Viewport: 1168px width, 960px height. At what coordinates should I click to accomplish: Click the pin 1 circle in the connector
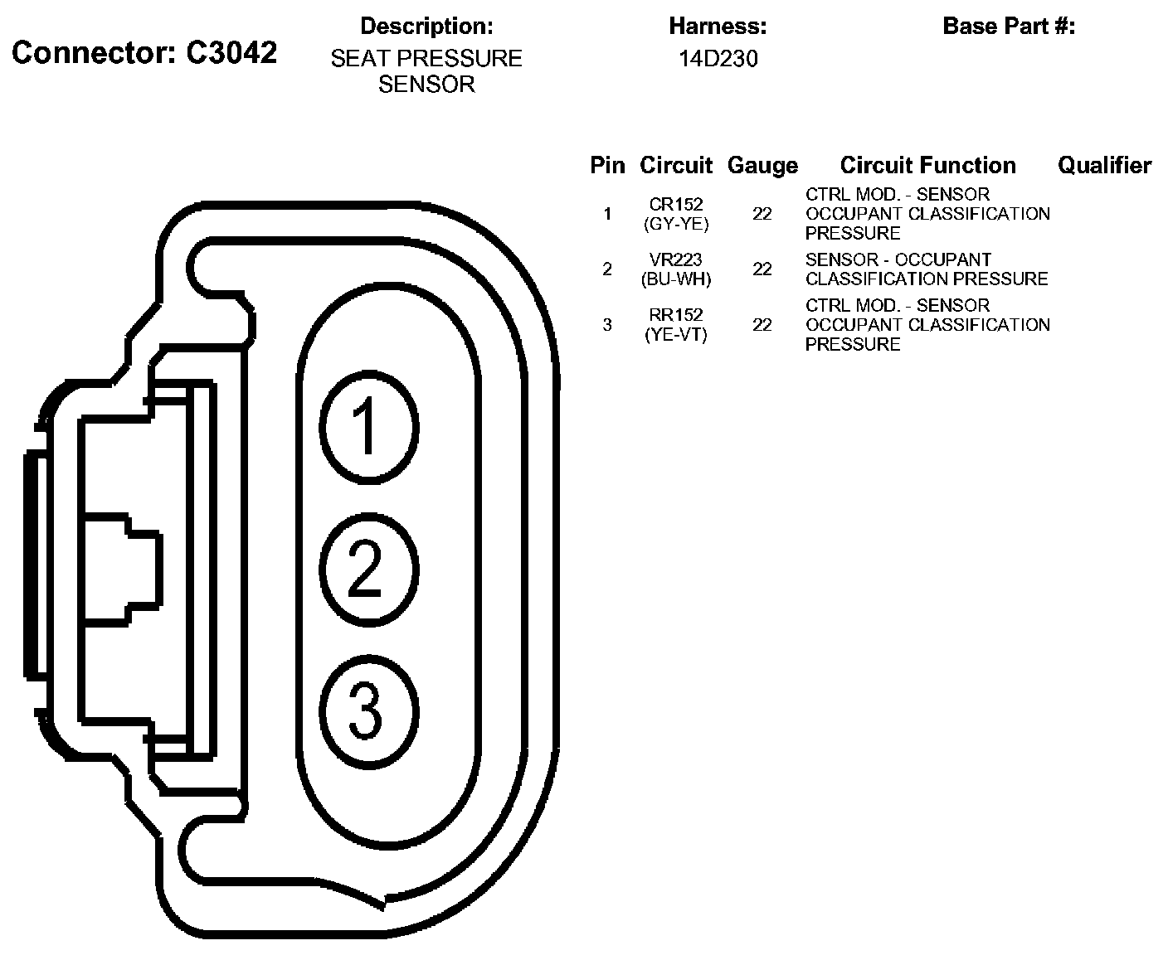(367, 428)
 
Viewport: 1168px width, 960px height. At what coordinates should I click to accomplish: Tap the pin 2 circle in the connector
(367, 570)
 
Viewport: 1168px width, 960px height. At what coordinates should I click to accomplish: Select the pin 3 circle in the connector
(367, 711)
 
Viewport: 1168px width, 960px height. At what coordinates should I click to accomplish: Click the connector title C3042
(144, 52)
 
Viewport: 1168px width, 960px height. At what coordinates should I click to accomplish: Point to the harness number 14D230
(718, 59)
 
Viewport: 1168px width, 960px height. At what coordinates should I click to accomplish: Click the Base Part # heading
(1009, 27)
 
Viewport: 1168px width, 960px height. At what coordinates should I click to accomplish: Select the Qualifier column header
(1104, 166)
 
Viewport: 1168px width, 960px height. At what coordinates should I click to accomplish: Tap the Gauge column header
(762, 166)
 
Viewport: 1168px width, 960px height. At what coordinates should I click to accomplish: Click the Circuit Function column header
(927, 166)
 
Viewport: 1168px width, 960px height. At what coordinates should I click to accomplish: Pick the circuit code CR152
(676, 205)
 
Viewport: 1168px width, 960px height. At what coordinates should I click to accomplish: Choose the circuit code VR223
(676, 260)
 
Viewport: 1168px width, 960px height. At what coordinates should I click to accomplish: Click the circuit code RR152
(676, 316)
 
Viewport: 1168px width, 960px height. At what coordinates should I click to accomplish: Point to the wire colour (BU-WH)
(676, 279)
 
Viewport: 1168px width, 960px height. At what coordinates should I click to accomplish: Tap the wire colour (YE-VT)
(676, 335)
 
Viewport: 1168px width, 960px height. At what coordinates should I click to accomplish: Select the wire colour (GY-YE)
(676, 224)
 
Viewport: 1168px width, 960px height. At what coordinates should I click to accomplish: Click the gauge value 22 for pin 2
(762, 269)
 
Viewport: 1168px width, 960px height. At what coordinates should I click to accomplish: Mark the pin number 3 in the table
(607, 325)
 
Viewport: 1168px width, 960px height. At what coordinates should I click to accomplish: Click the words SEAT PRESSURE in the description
(426, 59)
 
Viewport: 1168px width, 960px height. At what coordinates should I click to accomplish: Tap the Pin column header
(607, 166)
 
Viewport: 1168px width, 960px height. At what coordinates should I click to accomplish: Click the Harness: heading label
(718, 27)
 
